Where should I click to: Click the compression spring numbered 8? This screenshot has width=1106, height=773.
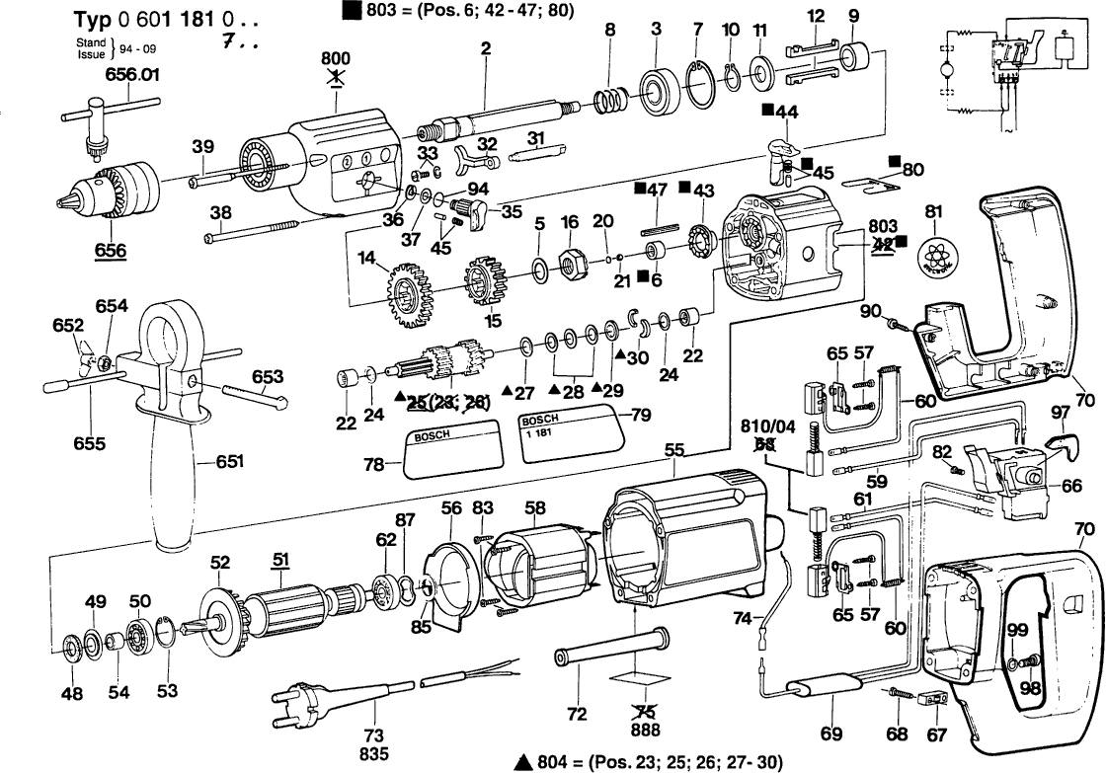613,100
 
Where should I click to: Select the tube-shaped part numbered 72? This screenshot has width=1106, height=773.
607,647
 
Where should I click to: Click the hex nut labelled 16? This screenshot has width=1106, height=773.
571,263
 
